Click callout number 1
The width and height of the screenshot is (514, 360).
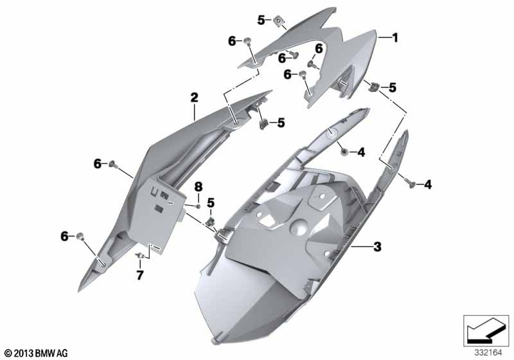coord(395,38)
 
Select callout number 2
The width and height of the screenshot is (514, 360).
coord(193,98)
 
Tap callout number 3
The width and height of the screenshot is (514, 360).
coord(377,246)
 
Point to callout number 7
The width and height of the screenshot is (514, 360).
coord(139,275)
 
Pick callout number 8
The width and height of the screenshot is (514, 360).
coord(198,186)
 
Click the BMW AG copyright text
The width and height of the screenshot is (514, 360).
coord(35,353)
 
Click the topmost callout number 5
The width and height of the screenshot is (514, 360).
coord(261,20)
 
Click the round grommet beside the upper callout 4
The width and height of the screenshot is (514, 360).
coord(345,152)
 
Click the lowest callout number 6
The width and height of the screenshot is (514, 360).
coord(64,237)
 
